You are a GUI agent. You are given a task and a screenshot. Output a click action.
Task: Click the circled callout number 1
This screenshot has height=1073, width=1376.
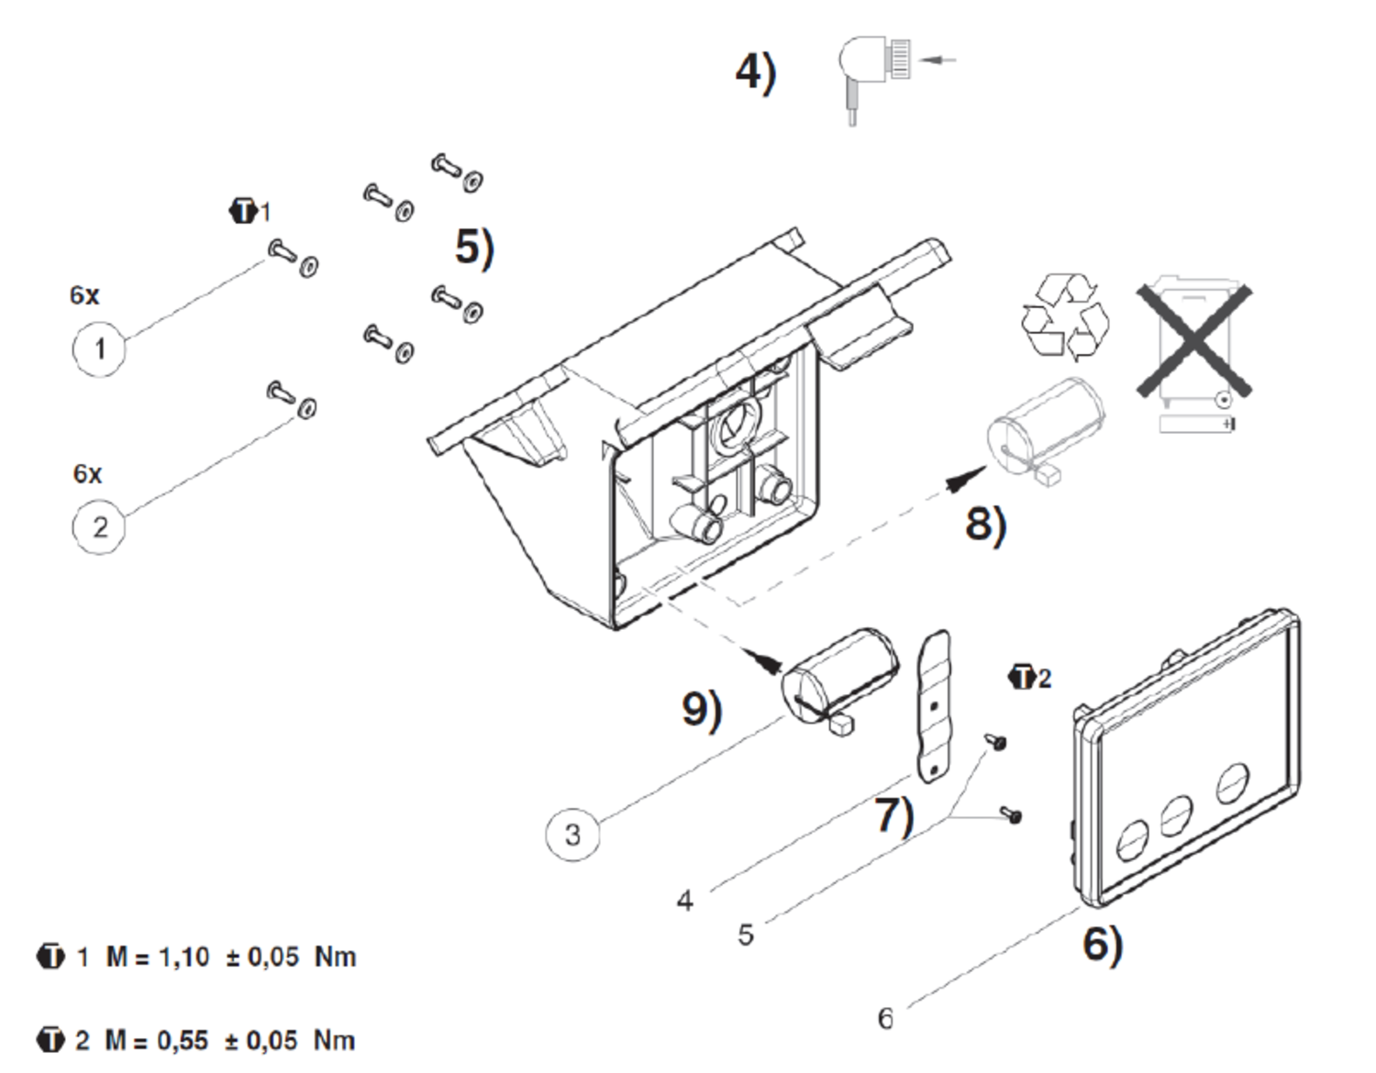coord(99,348)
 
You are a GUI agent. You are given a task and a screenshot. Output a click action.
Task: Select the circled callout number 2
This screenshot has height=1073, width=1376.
coord(99,527)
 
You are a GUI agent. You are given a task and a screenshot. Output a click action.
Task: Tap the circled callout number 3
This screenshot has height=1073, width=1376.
coord(572,835)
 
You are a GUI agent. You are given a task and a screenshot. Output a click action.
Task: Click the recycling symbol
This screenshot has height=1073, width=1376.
coord(1064,316)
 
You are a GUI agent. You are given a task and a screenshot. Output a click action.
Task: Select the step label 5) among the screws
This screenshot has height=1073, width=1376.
coord(474,248)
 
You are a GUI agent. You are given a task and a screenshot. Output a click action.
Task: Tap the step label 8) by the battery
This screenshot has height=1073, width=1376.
coord(985,524)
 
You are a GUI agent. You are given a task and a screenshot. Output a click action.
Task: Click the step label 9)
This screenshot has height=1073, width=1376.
coord(702,710)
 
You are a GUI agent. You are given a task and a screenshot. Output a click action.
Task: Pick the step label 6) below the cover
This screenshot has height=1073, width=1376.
coord(1102,944)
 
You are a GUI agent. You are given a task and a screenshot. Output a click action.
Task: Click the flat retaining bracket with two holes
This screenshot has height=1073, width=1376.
coord(934,706)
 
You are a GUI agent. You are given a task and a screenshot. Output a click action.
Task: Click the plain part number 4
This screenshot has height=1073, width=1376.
coord(684,902)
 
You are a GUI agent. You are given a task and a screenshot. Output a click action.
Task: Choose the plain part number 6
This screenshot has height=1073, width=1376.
coord(885,1018)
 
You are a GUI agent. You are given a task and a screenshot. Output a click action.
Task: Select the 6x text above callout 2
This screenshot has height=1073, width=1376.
coord(87,474)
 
